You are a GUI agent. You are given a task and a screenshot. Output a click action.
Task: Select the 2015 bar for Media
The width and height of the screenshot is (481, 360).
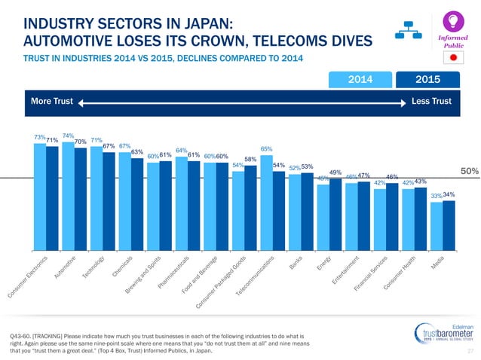449,224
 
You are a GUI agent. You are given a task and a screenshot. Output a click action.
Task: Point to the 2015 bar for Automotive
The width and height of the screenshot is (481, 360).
81,197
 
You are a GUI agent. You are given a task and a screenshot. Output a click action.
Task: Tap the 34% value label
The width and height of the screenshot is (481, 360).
449,195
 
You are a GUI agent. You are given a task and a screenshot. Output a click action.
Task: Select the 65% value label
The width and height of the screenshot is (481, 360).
266,150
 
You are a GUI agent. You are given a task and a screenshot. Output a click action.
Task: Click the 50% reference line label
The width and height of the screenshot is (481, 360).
470,172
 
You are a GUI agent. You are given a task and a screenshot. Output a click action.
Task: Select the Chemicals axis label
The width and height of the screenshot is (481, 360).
124,267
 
